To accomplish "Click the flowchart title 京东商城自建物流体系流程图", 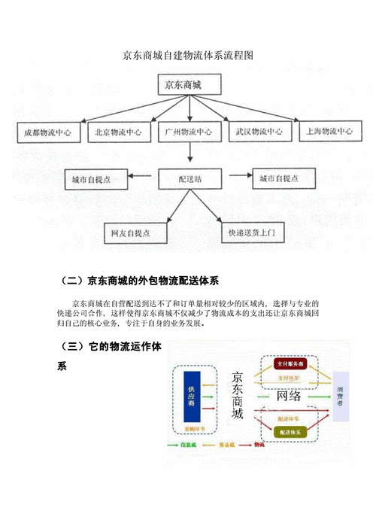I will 187,56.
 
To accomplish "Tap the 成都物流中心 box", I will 47,132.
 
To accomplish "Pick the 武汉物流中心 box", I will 259,132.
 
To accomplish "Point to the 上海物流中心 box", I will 327,132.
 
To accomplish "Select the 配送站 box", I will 190,179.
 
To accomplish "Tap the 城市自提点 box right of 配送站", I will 284,179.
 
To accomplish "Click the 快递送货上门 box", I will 251,233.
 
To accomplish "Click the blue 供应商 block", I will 191,396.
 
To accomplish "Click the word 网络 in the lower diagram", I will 290,396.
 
